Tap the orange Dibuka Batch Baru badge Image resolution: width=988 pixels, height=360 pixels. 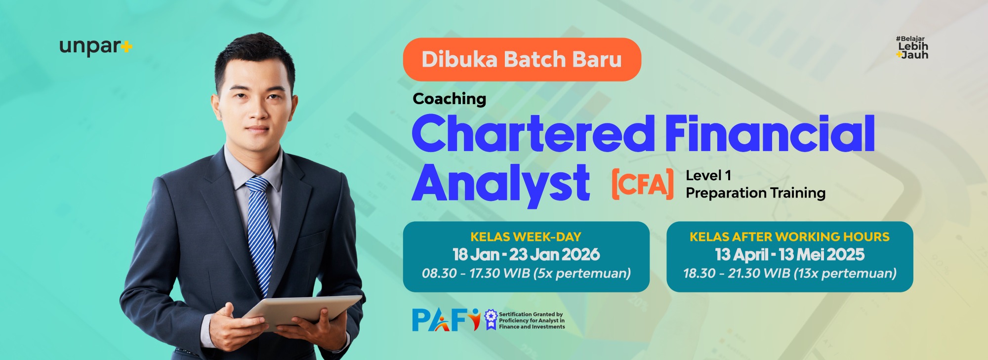click(522, 59)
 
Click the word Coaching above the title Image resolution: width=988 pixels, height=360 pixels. click(450, 99)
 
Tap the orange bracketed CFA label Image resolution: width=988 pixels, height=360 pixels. click(642, 184)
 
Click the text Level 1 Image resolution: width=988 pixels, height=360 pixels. click(708, 175)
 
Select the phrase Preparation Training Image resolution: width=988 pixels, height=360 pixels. click(755, 193)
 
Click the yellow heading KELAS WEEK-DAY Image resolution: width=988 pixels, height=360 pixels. click(526, 237)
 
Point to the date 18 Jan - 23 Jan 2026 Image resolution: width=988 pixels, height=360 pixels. click(526, 255)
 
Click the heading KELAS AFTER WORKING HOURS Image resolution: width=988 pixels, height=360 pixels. click(789, 237)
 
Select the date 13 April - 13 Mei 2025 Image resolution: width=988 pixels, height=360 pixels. click(789, 255)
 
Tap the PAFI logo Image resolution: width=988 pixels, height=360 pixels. click(446, 320)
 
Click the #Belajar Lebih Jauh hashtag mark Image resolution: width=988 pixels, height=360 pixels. click(912, 48)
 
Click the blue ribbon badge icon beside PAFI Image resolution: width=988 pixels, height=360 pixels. click(491, 320)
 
